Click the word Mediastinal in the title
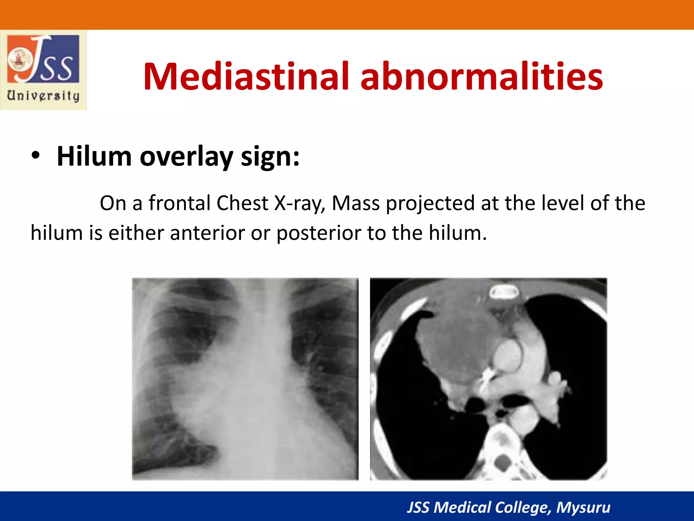point(246,76)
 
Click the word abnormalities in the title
point(481,76)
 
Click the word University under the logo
point(43,96)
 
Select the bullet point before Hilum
point(35,156)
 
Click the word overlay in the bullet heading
point(186,156)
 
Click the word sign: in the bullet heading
point(270,156)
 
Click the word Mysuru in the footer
point(583,507)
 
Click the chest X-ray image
point(245,379)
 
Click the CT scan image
point(488,379)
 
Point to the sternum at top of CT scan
point(504,292)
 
